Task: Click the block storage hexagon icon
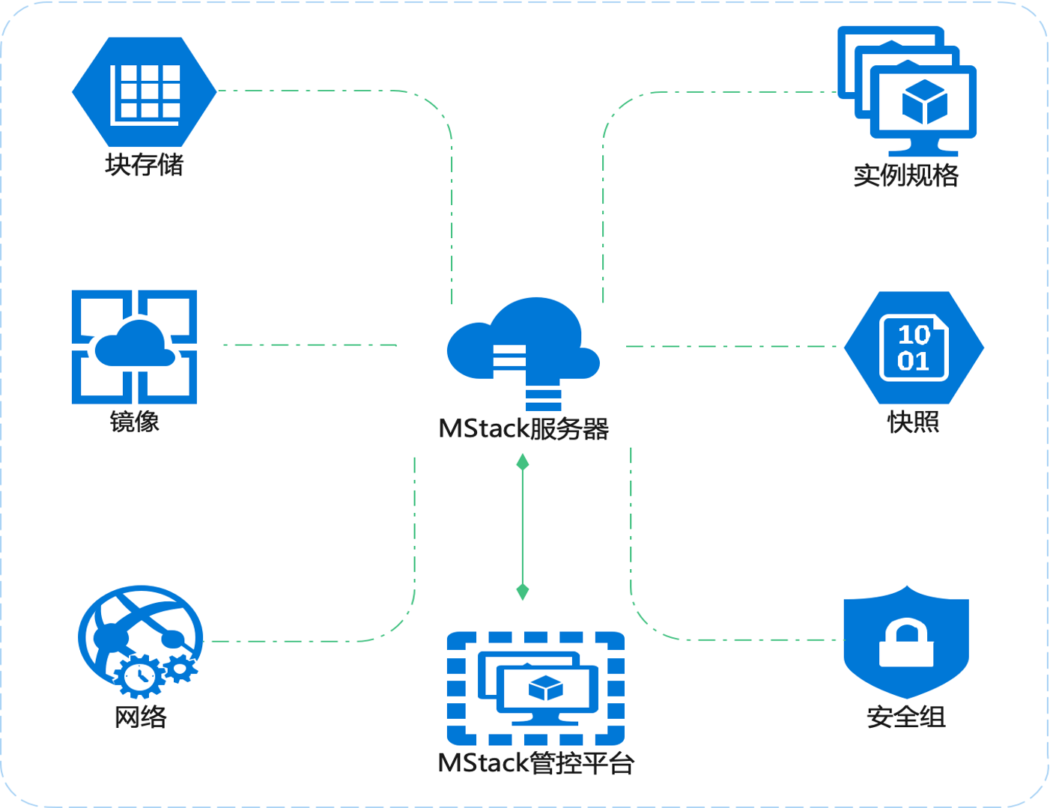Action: (x=145, y=91)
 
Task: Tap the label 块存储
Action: (x=145, y=165)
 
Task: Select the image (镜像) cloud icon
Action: (x=135, y=347)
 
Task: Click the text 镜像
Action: (x=135, y=421)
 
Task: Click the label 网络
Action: (x=140, y=717)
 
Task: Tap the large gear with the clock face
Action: (x=139, y=676)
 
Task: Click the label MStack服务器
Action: (x=524, y=429)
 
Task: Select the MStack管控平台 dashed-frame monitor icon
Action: (x=535, y=687)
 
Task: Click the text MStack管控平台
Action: (x=535, y=763)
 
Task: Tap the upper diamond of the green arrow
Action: (x=523, y=463)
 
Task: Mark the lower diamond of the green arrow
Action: (x=523, y=592)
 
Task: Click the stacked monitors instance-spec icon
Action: (x=907, y=90)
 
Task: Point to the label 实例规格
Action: (x=906, y=175)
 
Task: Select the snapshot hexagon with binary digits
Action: (x=914, y=347)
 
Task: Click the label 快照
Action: (x=914, y=422)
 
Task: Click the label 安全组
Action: (x=906, y=717)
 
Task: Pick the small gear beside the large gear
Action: (x=180, y=666)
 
